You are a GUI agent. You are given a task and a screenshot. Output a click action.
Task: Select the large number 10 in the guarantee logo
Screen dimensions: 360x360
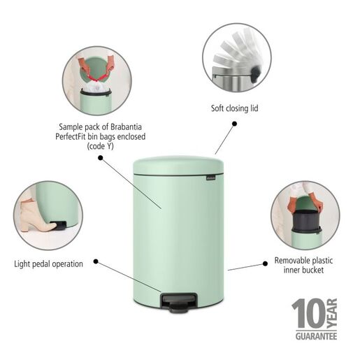point(308,315)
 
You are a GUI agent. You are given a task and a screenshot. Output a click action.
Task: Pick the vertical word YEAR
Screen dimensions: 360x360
point(331,314)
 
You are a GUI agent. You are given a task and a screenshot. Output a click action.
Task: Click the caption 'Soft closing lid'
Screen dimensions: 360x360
point(239,108)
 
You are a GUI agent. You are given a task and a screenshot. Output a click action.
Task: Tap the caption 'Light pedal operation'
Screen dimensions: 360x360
point(48,264)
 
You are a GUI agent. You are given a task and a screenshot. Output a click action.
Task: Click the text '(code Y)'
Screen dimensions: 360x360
point(102,147)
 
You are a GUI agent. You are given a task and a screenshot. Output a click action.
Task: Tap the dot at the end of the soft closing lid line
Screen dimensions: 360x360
point(234,124)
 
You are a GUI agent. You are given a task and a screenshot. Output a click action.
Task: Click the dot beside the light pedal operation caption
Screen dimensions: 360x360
point(95,263)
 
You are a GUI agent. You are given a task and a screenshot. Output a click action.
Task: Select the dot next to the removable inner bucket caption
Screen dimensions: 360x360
point(265,262)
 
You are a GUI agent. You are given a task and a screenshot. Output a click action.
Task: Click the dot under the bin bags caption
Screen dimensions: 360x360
point(101,158)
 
